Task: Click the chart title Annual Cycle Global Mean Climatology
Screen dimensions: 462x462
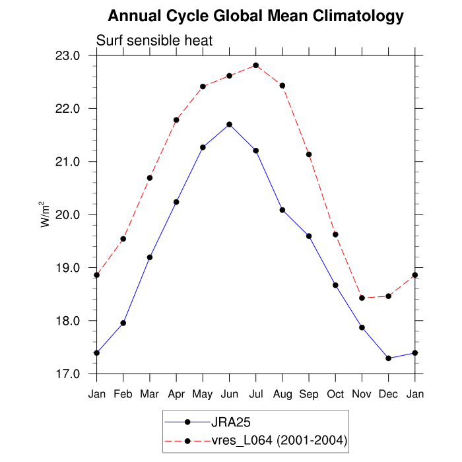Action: (x=255, y=15)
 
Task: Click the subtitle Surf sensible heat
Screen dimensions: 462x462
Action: (x=154, y=41)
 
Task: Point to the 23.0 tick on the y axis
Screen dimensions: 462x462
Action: (x=75, y=55)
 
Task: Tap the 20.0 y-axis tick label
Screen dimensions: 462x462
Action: (x=75, y=214)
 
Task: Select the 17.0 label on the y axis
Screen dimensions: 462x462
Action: (x=75, y=374)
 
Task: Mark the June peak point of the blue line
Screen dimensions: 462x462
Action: (x=229, y=124)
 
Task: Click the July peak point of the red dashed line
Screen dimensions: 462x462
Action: (x=256, y=65)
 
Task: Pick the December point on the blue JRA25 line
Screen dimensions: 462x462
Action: (x=388, y=358)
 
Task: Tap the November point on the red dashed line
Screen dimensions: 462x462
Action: (x=362, y=298)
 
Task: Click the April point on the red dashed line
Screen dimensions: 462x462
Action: (x=176, y=120)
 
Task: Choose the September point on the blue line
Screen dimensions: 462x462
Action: (x=309, y=236)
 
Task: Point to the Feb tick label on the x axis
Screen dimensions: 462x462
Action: (x=123, y=394)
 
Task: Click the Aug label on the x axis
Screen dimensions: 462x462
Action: (x=282, y=394)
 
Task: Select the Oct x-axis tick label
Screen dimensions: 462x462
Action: (x=335, y=394)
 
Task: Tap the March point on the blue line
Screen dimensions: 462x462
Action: (x=150, y=257)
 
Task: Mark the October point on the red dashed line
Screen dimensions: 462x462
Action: (x=335, y=234)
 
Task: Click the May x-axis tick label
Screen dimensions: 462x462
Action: (x=203, y=394)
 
